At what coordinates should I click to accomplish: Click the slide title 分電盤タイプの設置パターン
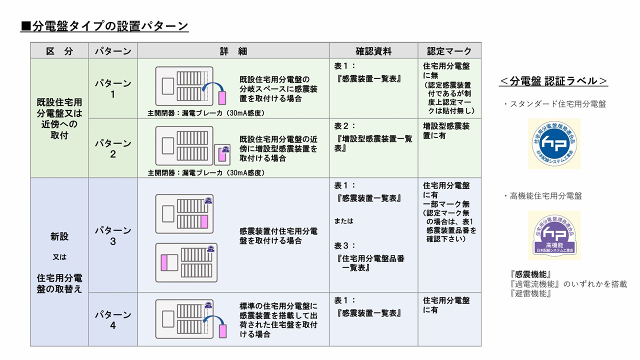tap(104, 26)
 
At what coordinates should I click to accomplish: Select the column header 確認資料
tap(373, 51)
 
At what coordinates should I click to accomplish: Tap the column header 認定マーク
tap(449, 51)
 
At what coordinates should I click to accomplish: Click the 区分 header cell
tap(59, 51)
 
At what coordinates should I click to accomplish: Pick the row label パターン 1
tap(113, 88)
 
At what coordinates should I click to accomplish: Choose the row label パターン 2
tap(113, 148)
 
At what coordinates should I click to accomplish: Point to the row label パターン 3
tap(113, 235)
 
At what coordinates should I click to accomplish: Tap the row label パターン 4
tap(113, 320)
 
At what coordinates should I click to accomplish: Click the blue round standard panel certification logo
tap(553, 143)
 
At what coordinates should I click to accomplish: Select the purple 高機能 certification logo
tap(553, 235)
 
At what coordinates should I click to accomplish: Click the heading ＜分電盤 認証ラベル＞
tap(553, 81)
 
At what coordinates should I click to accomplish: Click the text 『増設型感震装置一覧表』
tap(373, 143)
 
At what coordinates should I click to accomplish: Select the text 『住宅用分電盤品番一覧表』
tap(370, 263)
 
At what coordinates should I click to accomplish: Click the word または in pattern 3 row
tap(343, 221)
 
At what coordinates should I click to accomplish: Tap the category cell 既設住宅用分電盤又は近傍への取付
tap(59, 118)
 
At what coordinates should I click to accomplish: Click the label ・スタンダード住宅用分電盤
tap(554, 104)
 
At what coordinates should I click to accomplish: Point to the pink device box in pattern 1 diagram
tap(222, 97)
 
